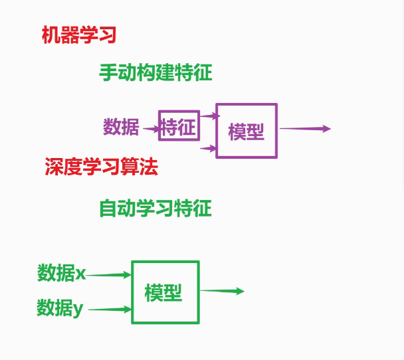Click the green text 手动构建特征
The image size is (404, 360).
155,72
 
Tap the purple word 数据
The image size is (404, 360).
121,126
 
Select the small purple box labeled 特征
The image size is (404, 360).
179,126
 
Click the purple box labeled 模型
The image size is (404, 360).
247,131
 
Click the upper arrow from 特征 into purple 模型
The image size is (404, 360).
209,116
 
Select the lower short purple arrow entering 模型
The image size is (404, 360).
209,148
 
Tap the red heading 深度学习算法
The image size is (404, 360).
101,167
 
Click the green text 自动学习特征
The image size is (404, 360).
155,209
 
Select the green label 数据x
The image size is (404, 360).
62,272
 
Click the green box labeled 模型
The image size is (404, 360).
165,292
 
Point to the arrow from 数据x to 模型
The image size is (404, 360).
109,274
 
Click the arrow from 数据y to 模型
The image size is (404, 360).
110,309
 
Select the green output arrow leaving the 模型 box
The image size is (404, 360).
222,291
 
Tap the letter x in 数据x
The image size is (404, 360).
80,273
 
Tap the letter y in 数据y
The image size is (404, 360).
78,309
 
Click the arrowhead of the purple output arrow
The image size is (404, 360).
326,129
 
